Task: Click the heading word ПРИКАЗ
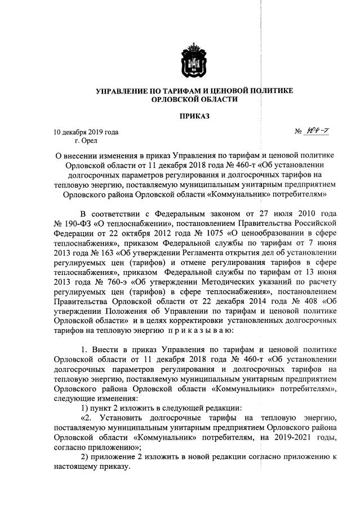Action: point(194,116)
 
